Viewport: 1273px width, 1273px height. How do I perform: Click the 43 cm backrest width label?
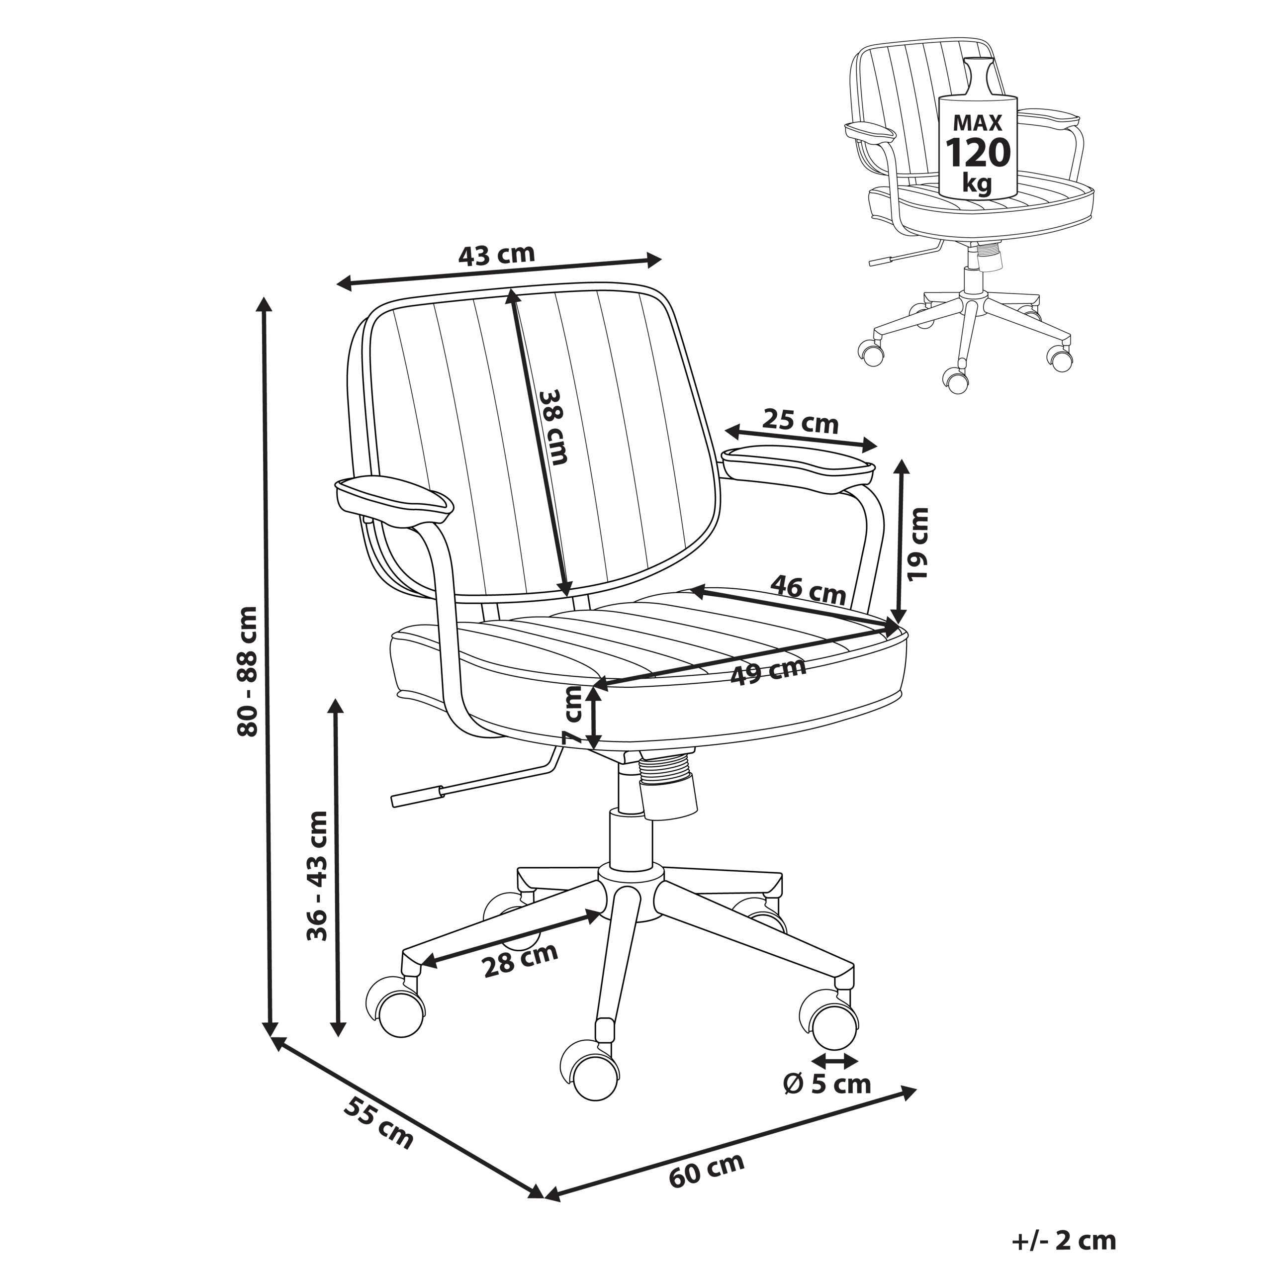[x=496, y=254]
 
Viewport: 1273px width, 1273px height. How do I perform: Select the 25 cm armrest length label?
[x=801, y=422]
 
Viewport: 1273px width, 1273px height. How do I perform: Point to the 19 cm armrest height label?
[x=917, y=544]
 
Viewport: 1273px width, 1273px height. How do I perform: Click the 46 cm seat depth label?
[x=808, y=589]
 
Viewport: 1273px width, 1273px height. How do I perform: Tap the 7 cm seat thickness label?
[x=574, y=715]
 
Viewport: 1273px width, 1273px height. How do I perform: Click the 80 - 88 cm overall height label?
[x=249, y=671]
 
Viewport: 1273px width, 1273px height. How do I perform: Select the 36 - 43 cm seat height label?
[x=318, y=876]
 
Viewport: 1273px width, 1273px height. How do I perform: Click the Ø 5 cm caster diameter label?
[x=827, y=1084]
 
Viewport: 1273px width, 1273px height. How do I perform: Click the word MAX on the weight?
[x=978, y=122]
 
